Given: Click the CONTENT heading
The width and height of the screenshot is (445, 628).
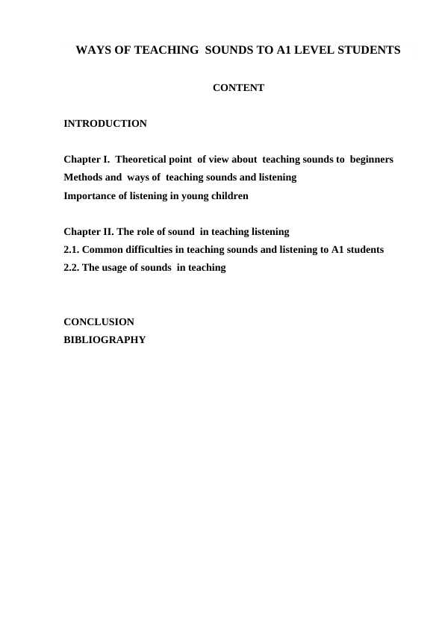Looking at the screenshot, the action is [x=238, y=88].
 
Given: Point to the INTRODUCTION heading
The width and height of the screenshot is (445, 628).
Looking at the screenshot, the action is [x=105, y=123].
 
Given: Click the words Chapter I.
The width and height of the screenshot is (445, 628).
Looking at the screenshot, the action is [x=87, y=160].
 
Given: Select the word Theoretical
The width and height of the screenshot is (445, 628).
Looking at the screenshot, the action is [x=146, y=160].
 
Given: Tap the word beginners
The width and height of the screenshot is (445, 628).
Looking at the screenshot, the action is [x=371, y=160].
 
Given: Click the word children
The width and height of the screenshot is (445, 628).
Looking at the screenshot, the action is [x=228, y=196].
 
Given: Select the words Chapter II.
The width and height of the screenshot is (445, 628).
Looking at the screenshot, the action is [x=88, y=231].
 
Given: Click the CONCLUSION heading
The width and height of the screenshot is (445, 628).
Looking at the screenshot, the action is [x=99, y=322].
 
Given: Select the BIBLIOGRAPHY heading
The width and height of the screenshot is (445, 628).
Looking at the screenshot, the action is [x=105, y=340].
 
